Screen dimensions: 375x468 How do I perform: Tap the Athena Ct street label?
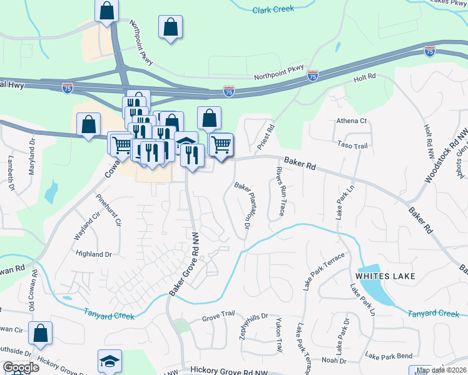tap(351, 121)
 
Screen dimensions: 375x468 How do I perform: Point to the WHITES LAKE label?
tap(382, 275)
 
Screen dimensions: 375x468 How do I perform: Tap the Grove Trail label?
tap(218, 318)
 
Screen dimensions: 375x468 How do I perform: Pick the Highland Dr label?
tap(93, 254)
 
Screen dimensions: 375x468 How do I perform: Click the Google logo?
tap(21, 367)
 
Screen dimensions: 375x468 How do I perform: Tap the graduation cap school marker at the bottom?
tap(109, 361)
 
